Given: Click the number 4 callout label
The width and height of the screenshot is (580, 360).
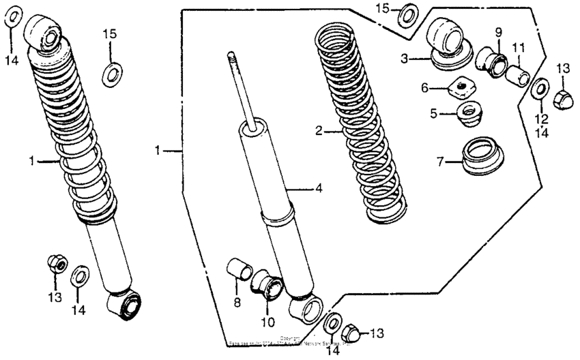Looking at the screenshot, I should (318, 190).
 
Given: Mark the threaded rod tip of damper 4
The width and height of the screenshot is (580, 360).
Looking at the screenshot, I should (232, 56).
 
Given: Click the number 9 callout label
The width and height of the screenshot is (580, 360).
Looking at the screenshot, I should (498, 32).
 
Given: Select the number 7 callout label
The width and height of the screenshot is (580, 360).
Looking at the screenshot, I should (439, 161).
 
